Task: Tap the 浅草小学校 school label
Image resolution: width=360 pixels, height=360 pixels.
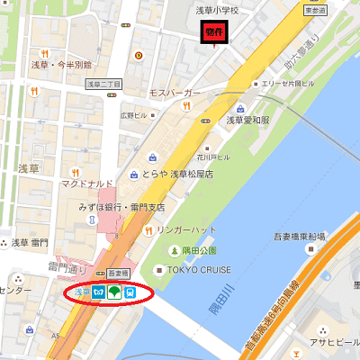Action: (218, 11)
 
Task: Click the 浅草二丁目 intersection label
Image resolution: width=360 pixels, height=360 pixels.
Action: (103, 83)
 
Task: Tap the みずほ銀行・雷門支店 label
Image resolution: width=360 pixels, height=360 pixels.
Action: (121, 206)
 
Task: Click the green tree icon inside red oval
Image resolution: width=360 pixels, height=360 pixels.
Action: (114, 292)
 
